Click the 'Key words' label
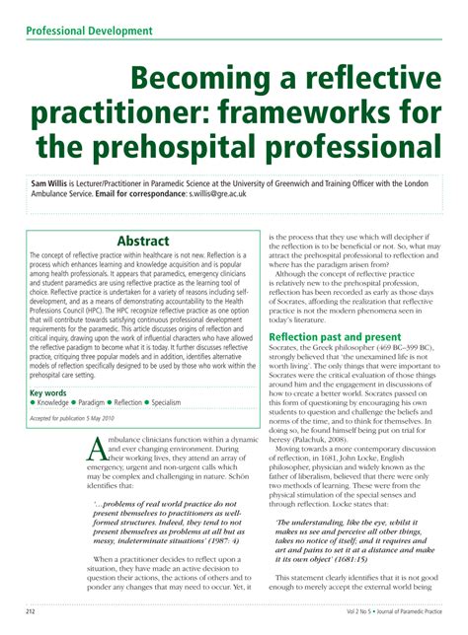point(49,391)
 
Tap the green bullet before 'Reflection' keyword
point(136,402)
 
